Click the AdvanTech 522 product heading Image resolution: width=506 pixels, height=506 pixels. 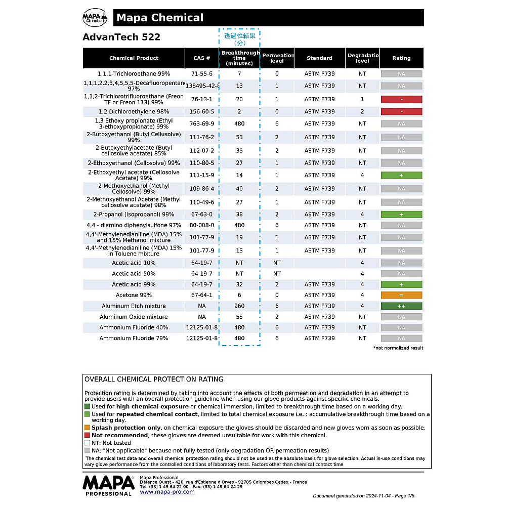(x=121, y=37)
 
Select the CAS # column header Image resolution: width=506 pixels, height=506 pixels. (x=201, y=58)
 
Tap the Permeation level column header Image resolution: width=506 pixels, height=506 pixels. (x=277, y=58)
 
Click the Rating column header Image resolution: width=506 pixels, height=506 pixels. (x=401, y=58)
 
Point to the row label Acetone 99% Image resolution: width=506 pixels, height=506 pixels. (x=134, y=295)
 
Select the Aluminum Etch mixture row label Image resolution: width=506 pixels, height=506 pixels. (x=134, y=306)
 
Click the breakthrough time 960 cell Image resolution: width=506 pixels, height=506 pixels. (x=239, y=306)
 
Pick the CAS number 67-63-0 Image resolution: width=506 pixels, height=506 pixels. (x=202, y=215)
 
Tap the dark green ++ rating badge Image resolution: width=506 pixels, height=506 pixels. (x=401, y=306)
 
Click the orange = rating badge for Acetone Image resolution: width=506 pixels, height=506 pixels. (x=401, y=295)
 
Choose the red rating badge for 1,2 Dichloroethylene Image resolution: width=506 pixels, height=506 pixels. (x=401, y=112)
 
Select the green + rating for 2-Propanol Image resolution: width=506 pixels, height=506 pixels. (x=401, y=215)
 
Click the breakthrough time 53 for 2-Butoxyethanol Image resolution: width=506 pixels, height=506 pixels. (x=239, y=137)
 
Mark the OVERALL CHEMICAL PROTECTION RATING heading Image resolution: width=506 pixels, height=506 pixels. (x=154, y=379)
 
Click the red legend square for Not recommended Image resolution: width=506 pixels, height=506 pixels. (x=87, y=435)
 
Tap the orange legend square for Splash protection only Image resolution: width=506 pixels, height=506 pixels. (x=87, y=428)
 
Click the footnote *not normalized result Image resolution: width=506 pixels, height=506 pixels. (x=398, y=348)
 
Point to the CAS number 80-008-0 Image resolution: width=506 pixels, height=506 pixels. (x=202, y=226)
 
